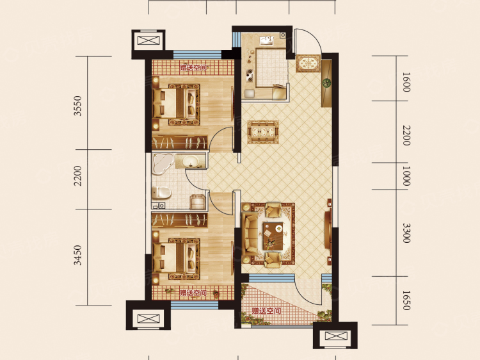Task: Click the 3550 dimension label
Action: click(78, 106)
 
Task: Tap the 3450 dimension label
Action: click(78, 255)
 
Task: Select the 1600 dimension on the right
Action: click(406, 82)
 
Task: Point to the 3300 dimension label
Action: click(406, 233)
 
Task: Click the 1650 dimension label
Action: click(406, 300)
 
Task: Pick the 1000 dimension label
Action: click(406, 176)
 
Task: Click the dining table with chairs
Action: click(263, 132)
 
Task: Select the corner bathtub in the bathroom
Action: click(163, 164)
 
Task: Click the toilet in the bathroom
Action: click(161, 192)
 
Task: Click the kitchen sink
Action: click(267, 41)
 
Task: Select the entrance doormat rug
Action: click(308, 63)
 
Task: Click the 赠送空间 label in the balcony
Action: click(266, 311)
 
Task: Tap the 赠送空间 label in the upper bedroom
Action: click(193, 67)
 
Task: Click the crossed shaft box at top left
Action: click(148, 41)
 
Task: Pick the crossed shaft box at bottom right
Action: click(336, 336)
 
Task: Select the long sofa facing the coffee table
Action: click(250, 235)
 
